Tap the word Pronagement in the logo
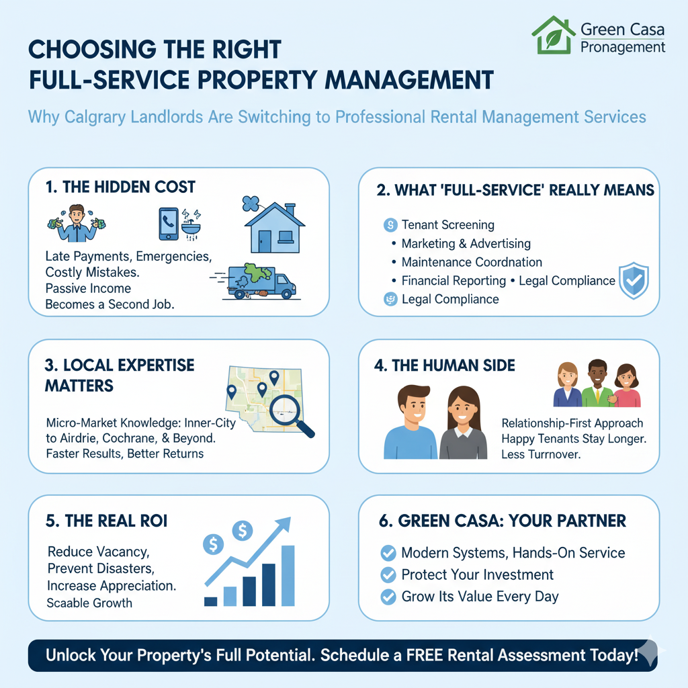pos(623,47)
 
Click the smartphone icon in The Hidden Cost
pos(169,224)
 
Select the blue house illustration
pos(275,227)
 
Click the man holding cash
pos(77,223)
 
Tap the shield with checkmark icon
pos(634,281)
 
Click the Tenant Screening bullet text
pos(448,224)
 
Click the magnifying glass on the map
pos(290,414)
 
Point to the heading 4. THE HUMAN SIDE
pos(445,365)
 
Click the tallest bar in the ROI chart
pos(288,576)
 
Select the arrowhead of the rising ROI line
pos(284,523)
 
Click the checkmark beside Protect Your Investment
pos(388,575)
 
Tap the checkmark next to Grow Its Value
pos(388,597)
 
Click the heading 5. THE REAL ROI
pos(107,521)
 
